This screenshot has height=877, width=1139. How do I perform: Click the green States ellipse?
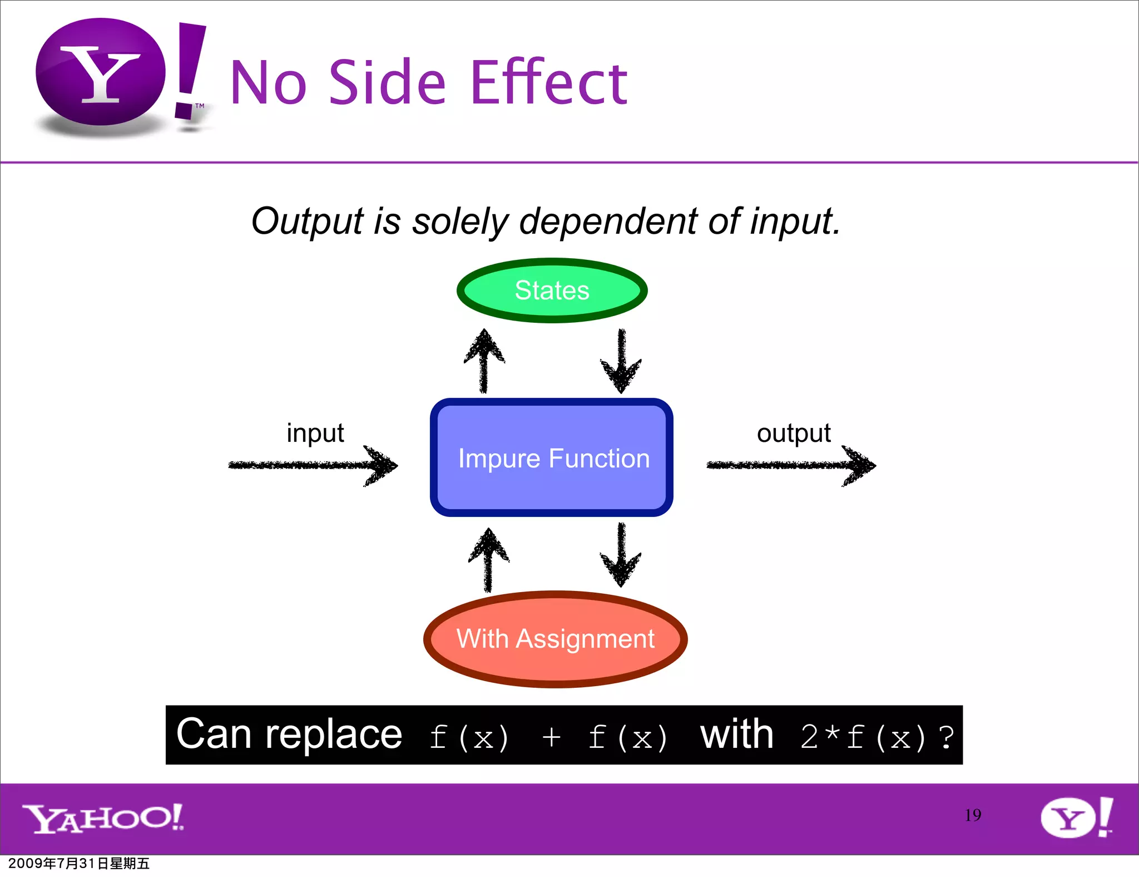pos(552,290)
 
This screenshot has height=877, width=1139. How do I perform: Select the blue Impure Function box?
pos(552,457)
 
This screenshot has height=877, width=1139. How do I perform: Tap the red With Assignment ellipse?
pos(555,639)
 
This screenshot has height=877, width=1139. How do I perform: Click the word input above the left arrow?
pos(315,433)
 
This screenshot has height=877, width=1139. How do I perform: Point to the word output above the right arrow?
pos(794,433)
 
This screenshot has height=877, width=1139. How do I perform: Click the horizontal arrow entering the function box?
pos(313,465)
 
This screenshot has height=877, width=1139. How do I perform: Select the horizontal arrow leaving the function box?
pos(791,465)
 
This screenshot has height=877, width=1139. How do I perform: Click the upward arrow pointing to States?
pos(484,361)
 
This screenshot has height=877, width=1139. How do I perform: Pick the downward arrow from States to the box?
pos(621,361)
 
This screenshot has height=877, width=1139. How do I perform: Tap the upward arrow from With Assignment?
pos(488,560)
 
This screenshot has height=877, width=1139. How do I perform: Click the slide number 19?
pos(973,815)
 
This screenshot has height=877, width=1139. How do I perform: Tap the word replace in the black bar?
pos(334,735)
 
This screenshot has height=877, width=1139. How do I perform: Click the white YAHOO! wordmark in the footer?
pos(103,818)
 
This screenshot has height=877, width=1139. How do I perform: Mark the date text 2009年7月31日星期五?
pos(79,864)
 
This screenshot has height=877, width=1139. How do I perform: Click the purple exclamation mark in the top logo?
pos(190,70)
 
